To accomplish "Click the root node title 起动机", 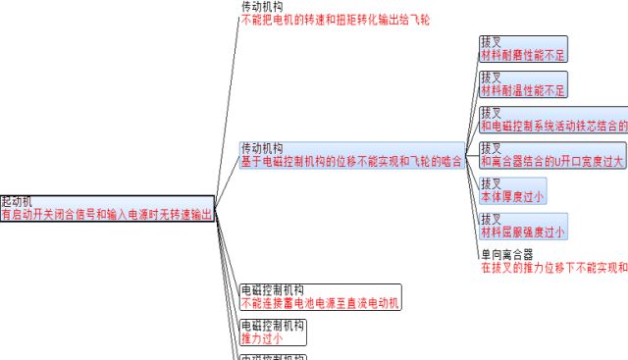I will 17,201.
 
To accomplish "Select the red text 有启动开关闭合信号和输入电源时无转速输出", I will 107,214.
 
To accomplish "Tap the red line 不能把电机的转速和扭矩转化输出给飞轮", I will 335,19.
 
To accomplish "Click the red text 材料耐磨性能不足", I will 523,56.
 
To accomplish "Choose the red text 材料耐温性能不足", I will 523,91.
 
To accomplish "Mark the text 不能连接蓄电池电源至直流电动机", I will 320,303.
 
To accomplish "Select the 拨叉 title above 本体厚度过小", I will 491,183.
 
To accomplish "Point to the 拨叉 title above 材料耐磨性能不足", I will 491,43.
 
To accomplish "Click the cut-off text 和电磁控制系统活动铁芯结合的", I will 553,126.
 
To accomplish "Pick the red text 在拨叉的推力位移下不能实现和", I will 553,267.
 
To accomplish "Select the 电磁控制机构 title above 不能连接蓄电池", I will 272,290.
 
